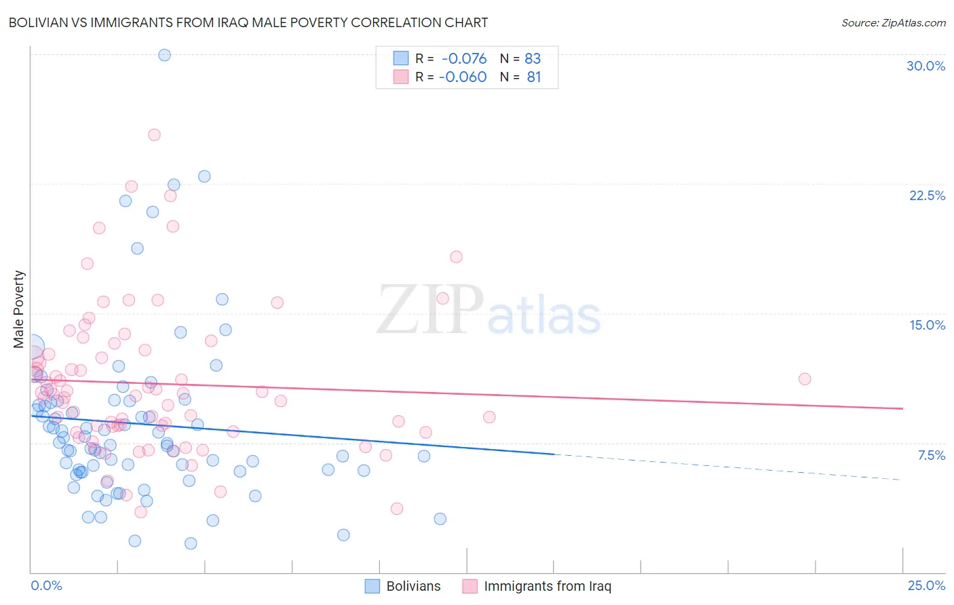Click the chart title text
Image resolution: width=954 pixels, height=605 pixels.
(x=248, y=22)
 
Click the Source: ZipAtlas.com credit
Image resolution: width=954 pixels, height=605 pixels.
(x=893, y=22)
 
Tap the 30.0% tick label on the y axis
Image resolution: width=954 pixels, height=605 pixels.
(x=926, y=66)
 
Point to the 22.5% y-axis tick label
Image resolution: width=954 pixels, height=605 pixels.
(x=927, y=195)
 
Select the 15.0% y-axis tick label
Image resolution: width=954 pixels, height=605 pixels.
(x=927, y=325)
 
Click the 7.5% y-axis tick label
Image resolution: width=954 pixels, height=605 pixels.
(x=931, y=455)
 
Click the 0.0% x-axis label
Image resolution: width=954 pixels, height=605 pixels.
(x=46, y=585)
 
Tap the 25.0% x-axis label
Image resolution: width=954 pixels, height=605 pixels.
(x=926, y=585)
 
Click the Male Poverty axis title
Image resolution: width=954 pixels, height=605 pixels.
(x=18, y=309)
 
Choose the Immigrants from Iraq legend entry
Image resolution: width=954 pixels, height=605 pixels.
(x=537, y=586)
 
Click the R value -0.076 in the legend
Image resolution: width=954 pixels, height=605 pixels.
(x=464, y=58)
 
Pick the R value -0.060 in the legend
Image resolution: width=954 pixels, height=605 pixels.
(x=463, y=77)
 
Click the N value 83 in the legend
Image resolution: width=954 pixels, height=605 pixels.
(x=533, y=58)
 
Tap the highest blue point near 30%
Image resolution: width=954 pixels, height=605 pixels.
(x=164, y=55)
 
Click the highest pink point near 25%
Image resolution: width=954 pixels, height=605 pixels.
(x=154, y=134)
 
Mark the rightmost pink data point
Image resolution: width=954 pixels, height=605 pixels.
(x=805, y=378)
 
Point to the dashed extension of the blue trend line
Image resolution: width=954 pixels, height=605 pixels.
(x=726, y=467)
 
